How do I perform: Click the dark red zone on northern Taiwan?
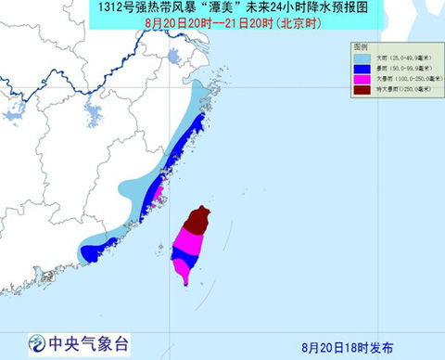pyautogui.click(x=197, y=221)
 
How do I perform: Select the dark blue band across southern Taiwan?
pyautogui.click(x=183, y=255)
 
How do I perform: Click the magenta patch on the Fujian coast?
pyautogui.click(x=157, y=196)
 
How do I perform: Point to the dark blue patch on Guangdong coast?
pyautogui.click(x=95, y=249)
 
